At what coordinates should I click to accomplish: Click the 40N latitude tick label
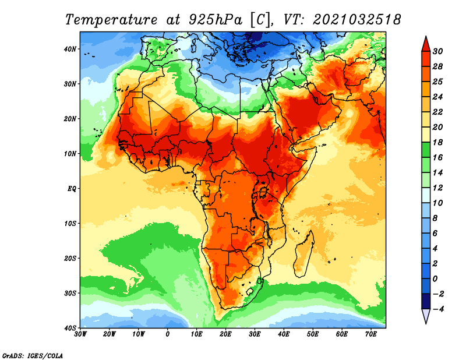coord(70,49)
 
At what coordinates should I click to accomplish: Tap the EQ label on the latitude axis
coord(72,189)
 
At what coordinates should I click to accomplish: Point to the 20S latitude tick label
coord(70,258)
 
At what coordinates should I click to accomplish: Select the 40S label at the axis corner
coord(70,328)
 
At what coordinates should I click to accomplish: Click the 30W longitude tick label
coord(80,334)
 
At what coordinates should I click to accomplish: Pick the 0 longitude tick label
coord(168,334)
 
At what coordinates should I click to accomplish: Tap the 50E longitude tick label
coord(313,334)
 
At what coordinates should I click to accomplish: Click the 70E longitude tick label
coord(371,334)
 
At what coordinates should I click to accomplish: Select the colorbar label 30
coord(437,51)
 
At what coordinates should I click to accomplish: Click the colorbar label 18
coord(437,142)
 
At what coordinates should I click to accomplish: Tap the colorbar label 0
coord(435,279)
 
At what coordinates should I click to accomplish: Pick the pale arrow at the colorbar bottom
coord(426,315)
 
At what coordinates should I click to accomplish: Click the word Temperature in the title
coord(111,20)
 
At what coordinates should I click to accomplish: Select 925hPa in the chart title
coord(215,20)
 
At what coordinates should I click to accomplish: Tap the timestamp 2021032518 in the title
coord(357,20)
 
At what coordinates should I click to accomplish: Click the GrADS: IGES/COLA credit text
coord(33,355)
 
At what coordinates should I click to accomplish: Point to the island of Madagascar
coord(303,253)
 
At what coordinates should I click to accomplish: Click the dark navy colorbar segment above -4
coord(426,301)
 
